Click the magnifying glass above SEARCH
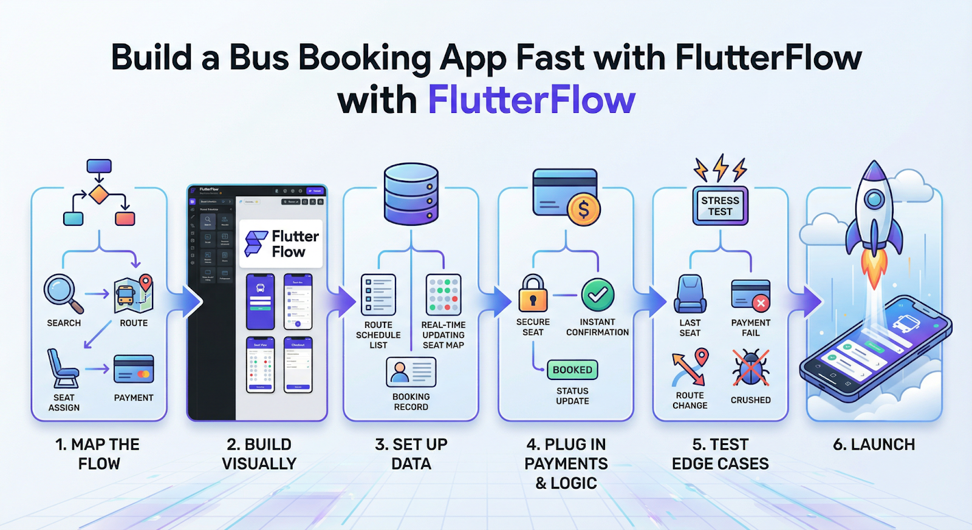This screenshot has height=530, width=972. coord(61,291)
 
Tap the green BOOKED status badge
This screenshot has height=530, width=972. coord(572,370)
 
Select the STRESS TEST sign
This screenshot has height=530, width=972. coord(720,206)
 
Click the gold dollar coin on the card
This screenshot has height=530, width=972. coord(583,210)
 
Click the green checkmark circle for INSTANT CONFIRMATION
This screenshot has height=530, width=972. coord(598,294)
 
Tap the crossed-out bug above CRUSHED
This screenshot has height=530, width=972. coord(751,368)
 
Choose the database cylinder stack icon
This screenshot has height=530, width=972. coord(411,194)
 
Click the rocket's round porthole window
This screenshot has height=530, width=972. coord(874,199)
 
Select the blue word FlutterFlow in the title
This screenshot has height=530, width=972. coord(532,100)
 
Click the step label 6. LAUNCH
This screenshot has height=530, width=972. coord(874,444)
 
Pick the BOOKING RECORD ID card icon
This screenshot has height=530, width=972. coord(411,372)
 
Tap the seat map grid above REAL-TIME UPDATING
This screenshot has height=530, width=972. coord(443,294)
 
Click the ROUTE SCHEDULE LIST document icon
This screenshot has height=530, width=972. coord(378,294)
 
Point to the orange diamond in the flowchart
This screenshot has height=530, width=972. coord(98,195)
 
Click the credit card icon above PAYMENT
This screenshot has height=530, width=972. coord(134,369)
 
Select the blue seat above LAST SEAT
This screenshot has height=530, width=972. coord(690,294)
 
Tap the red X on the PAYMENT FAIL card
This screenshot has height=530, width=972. coord(761,302)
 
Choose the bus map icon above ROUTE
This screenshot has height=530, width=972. coord(133,294)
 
